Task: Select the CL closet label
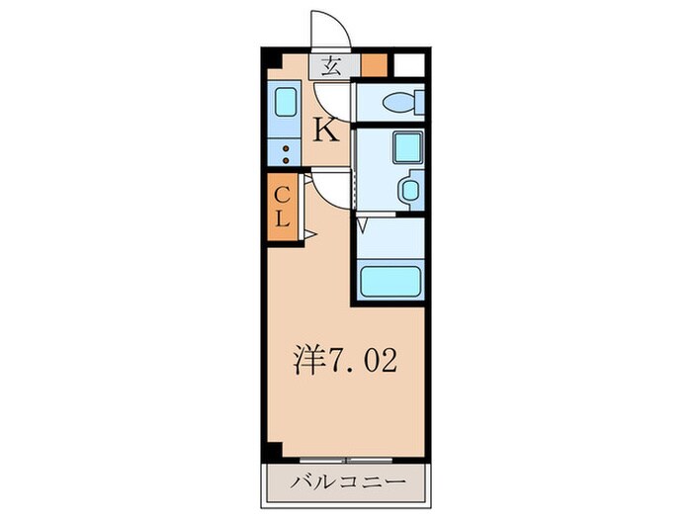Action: coord(281,207)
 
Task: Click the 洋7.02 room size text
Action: coord(347,361)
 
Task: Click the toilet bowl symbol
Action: coord(402,101)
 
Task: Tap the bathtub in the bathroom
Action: coord(391,280)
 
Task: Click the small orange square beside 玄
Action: coord(374,67)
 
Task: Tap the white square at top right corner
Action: coord(410,66)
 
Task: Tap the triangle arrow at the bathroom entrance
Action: coord(363,226)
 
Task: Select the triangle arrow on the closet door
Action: coord(308,234)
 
